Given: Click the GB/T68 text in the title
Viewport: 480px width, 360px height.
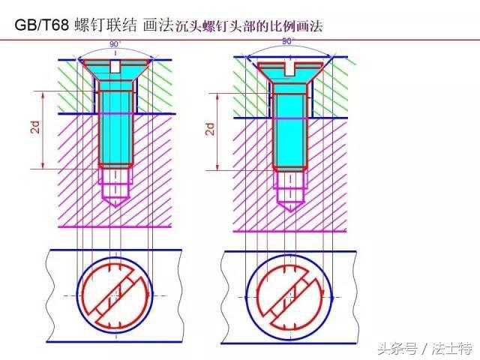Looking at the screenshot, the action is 42,25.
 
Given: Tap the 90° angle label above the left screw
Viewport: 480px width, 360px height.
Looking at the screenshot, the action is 115,44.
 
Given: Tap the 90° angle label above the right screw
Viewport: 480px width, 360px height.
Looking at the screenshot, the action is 288,41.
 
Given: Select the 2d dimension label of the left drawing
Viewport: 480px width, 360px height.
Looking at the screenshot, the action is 36,127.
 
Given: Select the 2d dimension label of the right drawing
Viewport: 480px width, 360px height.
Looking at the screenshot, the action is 210,129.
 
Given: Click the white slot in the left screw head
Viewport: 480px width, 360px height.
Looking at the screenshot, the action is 115,67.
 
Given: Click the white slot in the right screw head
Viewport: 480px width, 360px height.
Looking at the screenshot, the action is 289,70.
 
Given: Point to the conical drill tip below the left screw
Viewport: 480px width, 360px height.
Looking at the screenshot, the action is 115,202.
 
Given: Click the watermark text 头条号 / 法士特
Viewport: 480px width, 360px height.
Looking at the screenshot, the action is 424,348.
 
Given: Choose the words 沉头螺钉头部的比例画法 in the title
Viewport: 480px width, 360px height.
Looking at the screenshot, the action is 250,25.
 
